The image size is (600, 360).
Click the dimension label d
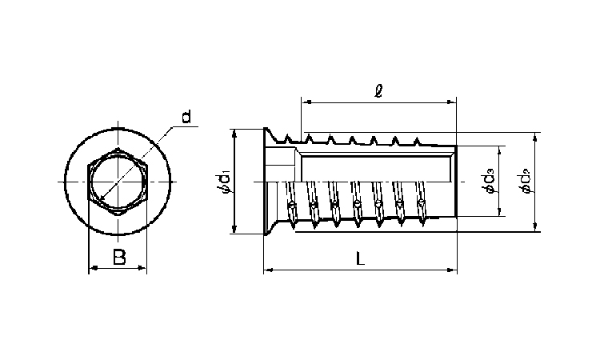pyautogui.click(x=186, y=118)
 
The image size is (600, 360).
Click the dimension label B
pyautogui.click(x=119, y=257)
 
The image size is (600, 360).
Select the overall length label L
pyautogui.click(x=362, y=259)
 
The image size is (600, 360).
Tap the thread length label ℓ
pyautogui.click(x=378, y=90)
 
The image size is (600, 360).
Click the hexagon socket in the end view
pyautogui.click(x=118, y=183)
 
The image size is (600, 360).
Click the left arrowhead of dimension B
pyautogui.click(x=91, y=269)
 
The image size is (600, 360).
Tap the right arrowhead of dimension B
pyautogui.click(x=145, y=269)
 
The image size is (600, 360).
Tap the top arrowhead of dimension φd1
pyautogui.click(x=234, y=132)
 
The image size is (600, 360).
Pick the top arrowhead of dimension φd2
pyautogui.click(x=534, y=138)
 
